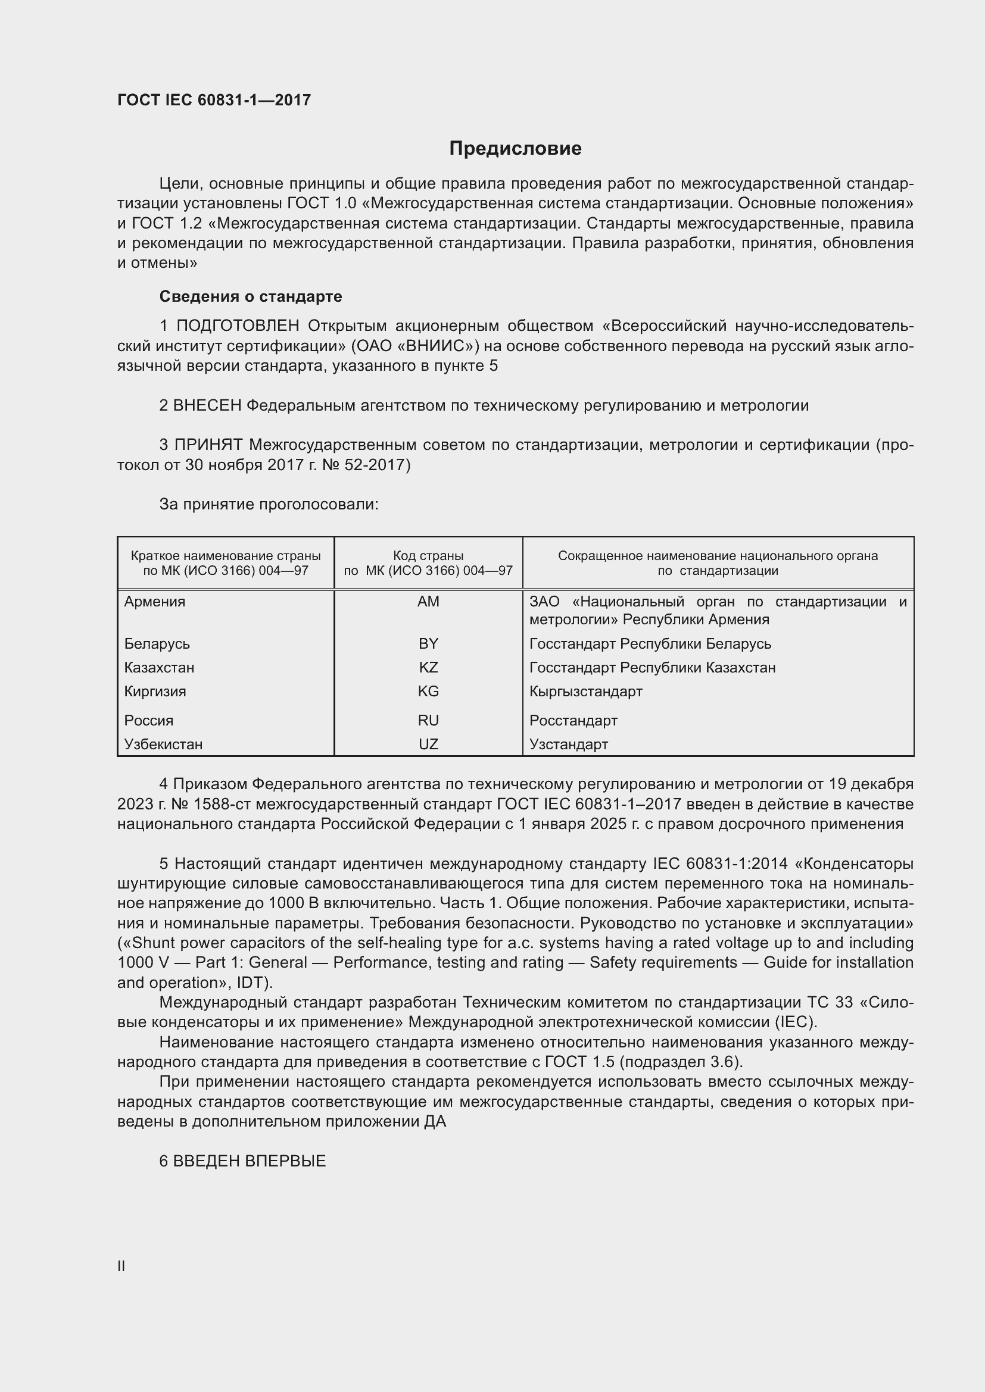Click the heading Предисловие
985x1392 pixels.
point(515,149)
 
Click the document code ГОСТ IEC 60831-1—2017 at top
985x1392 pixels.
point(214,100)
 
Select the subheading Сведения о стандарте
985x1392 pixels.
point(251,296)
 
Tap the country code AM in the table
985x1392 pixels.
point(428,602)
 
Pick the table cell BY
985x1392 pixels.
point(428,643)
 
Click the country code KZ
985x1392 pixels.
point(428,668)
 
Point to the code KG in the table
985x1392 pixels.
point(428,691)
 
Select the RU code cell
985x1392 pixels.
point(428,720)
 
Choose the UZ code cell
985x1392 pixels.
point(428,744)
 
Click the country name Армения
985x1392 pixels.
point(155,602)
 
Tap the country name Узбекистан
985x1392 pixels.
point(163,744)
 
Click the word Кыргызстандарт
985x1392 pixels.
point(585,691)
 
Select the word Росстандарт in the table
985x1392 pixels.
point(573,720)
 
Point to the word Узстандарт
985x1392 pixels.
point(568,744)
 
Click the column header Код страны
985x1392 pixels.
point(428,556)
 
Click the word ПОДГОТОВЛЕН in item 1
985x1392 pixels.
point(238,326)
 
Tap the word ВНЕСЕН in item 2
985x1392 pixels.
point(207,406)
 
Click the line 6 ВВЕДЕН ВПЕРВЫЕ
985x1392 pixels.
point(242,1161)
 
